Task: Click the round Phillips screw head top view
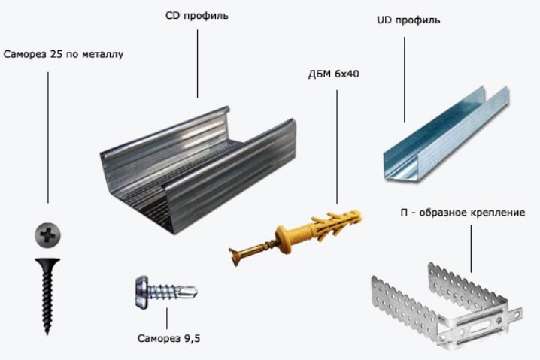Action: (48, 235)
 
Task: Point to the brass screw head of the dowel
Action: (235, 254)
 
